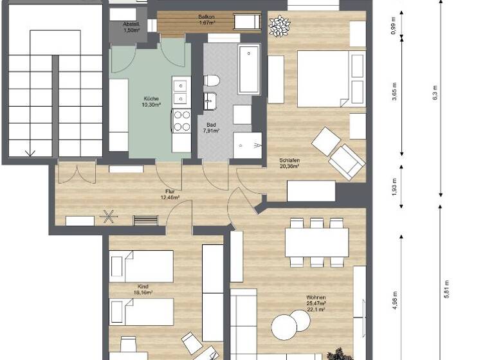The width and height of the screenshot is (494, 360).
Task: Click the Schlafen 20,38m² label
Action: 289,163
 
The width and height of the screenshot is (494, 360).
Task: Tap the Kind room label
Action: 143,289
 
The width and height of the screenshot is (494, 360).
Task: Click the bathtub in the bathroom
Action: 248,69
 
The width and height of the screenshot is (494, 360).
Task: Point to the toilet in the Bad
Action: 212,80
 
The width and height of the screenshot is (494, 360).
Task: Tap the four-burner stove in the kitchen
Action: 181,121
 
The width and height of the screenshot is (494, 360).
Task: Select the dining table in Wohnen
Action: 317,242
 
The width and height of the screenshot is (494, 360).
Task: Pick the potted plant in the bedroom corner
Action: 279,26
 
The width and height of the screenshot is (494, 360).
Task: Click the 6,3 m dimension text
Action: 435,93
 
